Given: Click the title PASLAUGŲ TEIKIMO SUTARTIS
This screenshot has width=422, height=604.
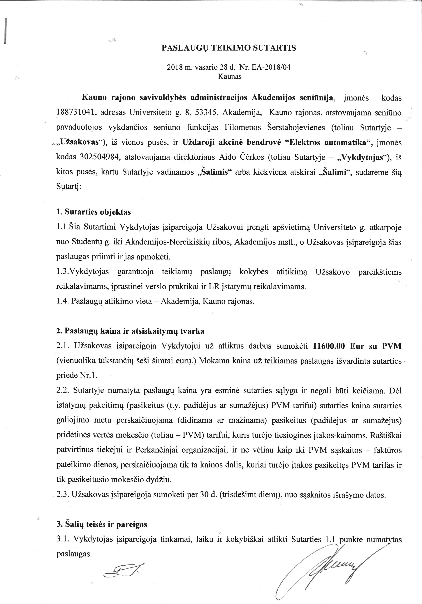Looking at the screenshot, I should click(x=229, y=48).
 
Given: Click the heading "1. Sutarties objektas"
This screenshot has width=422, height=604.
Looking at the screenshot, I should click(x=93, y=212).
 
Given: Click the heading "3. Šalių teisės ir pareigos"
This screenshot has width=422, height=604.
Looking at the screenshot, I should click(x=102, y=517).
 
